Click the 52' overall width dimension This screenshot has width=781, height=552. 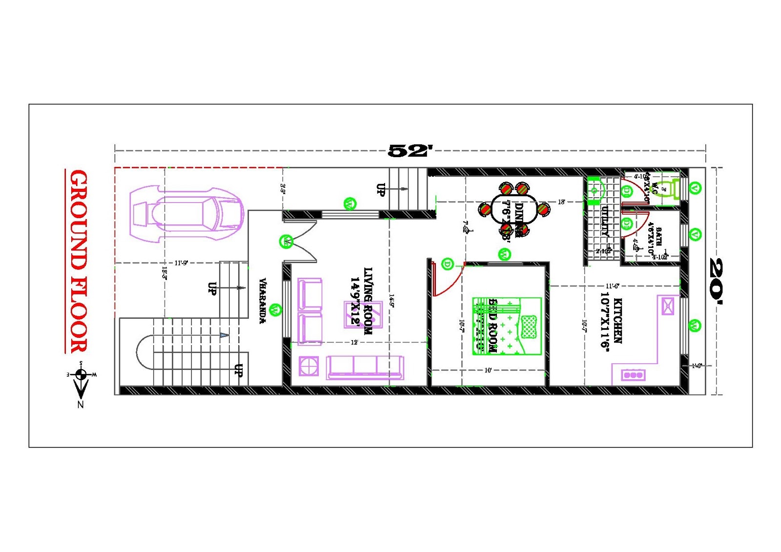[x=410, y=151]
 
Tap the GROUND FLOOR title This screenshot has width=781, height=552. [x=79, y=261]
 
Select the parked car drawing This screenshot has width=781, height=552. [x=186, y=213]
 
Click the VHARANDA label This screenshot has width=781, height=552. [x=263, y=301]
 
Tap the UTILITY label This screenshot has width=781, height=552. [x=605, y=221]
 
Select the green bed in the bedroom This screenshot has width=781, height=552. [x=507, y=326]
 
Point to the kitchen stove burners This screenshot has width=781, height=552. [x=633, y=375]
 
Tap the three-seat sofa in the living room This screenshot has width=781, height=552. [x=365, y=368]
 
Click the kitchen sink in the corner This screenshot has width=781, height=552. [x=667, y=306]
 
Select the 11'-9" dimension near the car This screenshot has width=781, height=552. [x=181, y=263]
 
